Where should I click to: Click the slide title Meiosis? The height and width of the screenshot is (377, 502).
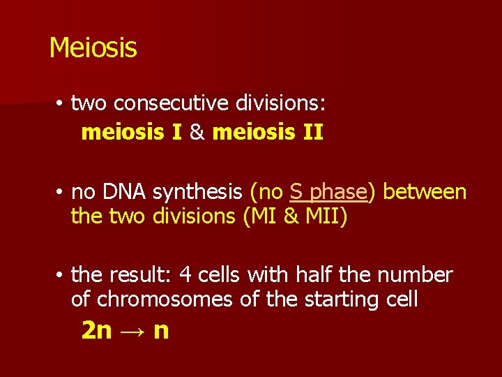click(93, 47)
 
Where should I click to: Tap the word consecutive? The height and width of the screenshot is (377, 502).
click(172, 103)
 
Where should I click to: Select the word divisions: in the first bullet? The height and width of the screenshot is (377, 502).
click(280, 103)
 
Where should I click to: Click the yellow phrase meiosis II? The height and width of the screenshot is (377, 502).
click(268, 132)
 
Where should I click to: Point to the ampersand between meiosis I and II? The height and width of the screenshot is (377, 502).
click(197, 132)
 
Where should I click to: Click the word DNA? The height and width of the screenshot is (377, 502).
click(126, 191)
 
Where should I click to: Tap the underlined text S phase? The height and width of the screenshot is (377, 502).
click(328, 191)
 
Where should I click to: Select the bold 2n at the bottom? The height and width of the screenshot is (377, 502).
click(96, 330)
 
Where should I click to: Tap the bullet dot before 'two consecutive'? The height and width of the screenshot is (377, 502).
click(61, 105)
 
